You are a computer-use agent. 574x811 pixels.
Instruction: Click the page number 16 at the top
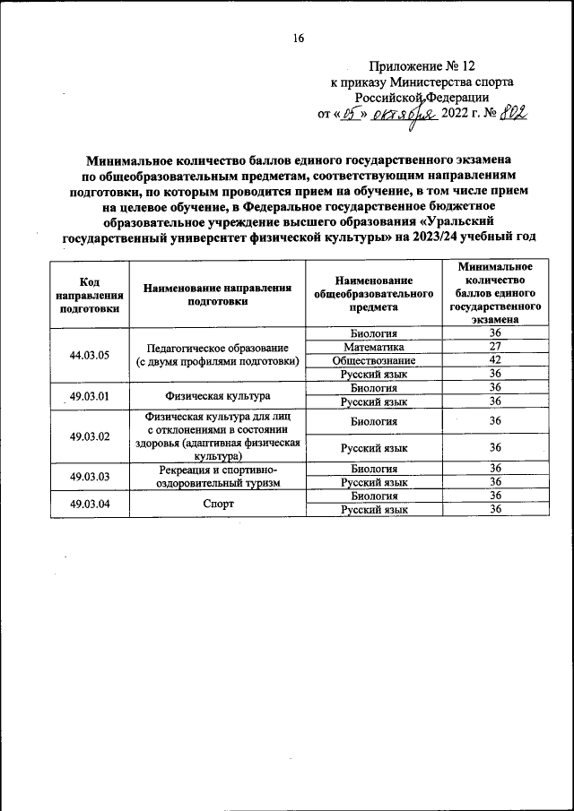[299, 37]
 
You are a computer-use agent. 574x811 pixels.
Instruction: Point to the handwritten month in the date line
[405, 115]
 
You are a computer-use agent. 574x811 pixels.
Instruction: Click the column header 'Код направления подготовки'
[89, 293]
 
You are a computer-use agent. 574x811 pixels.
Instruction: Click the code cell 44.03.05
[89, 354]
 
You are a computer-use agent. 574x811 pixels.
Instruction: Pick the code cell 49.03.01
[89, 395]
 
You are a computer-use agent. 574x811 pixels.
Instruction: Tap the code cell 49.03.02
[89, 436]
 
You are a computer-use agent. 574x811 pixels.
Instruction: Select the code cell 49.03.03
[89, 476]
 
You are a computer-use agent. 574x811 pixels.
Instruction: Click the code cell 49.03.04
[89, 503]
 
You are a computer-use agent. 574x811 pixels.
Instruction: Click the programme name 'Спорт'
[218, 504]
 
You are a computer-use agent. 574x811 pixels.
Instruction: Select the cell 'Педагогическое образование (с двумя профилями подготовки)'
[218, 354]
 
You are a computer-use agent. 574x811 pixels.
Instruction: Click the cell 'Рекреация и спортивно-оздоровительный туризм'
[218, 476]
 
